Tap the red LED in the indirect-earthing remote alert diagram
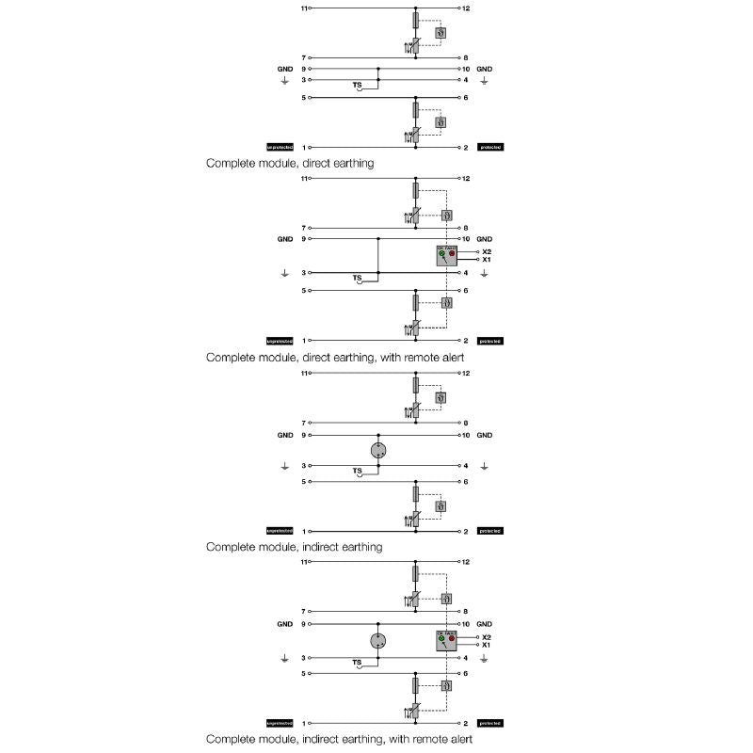452,638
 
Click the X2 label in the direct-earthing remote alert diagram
486,252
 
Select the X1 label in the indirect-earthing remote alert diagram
486,645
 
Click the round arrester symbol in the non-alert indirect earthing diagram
377,449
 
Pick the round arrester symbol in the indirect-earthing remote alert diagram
377,641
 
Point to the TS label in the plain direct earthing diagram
357,86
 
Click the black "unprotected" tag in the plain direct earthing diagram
280,148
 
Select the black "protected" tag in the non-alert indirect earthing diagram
490,531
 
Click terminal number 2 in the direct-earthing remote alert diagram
466,340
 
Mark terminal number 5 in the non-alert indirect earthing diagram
304,482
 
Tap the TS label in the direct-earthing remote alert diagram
357,279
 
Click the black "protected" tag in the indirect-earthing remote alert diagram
490,723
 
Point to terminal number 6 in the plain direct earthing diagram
466,98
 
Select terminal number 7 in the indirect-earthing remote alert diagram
304,611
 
